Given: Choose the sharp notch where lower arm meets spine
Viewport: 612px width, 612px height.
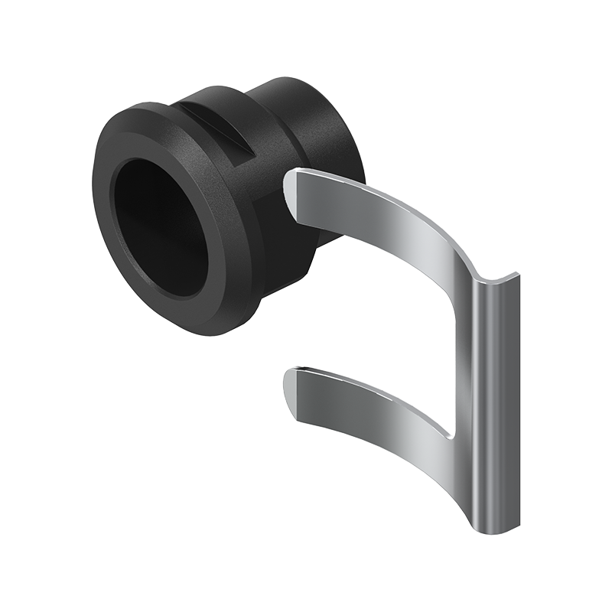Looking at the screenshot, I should [x=452, y=437].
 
